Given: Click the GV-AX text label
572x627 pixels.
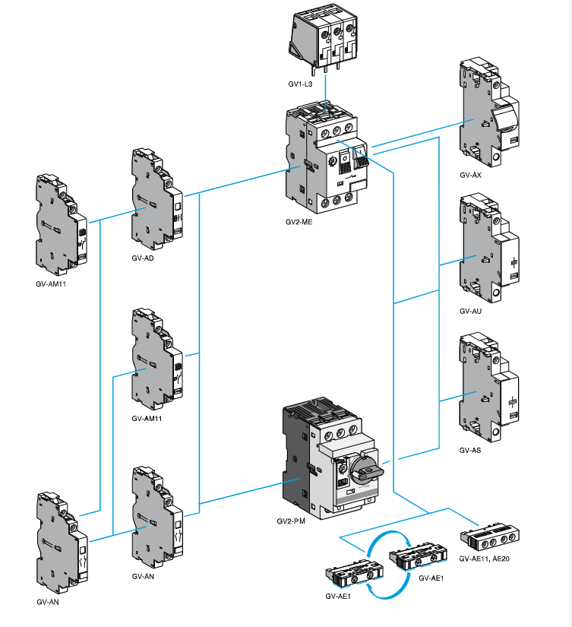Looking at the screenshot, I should pyautogui.click(x=470, y=175).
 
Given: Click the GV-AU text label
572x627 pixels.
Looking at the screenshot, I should pyautogui.click(x=470, y=311).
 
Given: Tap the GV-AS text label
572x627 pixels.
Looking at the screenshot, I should pyautogui.click(x=470, y=450).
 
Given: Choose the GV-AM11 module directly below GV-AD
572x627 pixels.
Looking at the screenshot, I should pyautogui.click(x=156, y=358).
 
